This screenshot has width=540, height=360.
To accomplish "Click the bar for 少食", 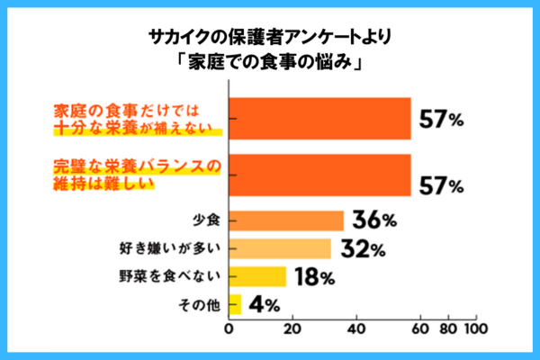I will click(287, 220).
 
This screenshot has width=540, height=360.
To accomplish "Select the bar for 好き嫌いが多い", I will click(281, 248).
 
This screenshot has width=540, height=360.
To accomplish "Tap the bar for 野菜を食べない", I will click(258, 276).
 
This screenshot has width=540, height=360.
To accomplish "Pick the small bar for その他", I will click(236, 305).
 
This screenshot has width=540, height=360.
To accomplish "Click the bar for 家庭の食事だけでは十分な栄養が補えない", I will click(320, 119).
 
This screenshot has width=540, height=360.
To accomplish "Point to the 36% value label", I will click(377, 220).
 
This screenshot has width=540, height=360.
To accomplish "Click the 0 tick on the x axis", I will click(229, 329).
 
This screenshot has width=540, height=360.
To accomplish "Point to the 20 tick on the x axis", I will click(292, 329).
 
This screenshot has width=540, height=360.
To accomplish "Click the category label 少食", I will click(206, 220).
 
